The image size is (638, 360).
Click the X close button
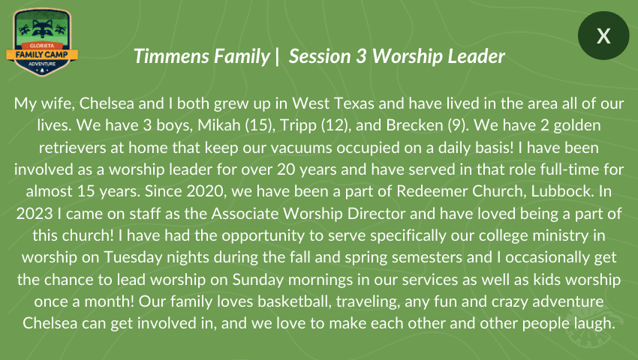point(603,36)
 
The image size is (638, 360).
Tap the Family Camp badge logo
point(42,42)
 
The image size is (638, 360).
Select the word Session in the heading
point(320,56)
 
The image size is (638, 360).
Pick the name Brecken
point(414,125)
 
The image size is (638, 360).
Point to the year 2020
point(206,191)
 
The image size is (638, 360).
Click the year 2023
point(35,214)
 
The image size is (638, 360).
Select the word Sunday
point(258,280)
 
